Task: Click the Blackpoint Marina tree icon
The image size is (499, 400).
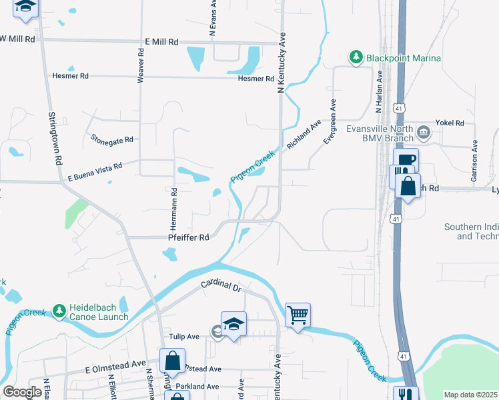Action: click(356, 58)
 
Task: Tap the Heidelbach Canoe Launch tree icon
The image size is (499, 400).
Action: click(59, 311)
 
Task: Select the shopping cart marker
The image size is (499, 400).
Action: click(298, 314)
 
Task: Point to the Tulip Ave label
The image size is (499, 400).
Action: click(183, 337)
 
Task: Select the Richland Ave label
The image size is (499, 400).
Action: click(304, 134)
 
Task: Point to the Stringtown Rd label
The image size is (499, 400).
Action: click(54, 138)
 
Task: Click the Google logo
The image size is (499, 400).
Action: click(21, 392)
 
